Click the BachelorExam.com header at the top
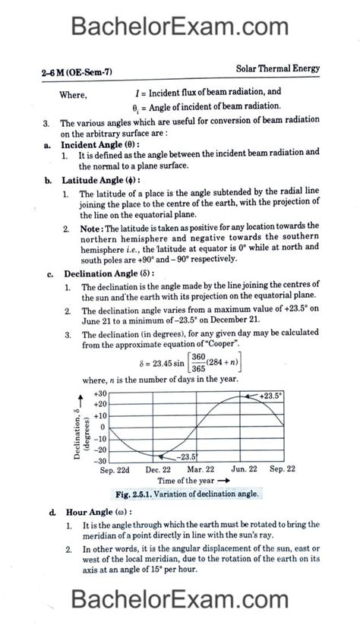[179, 27]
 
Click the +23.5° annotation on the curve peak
[269, 396]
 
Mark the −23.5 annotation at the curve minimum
[187, 456]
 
